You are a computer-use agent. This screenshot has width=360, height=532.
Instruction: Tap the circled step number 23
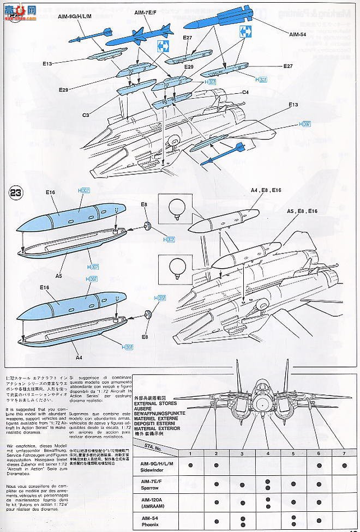coord(16,192)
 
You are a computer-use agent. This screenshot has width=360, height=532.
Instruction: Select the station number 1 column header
coord(190,454)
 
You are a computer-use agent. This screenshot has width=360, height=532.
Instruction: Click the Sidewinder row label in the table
coord(149,467)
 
